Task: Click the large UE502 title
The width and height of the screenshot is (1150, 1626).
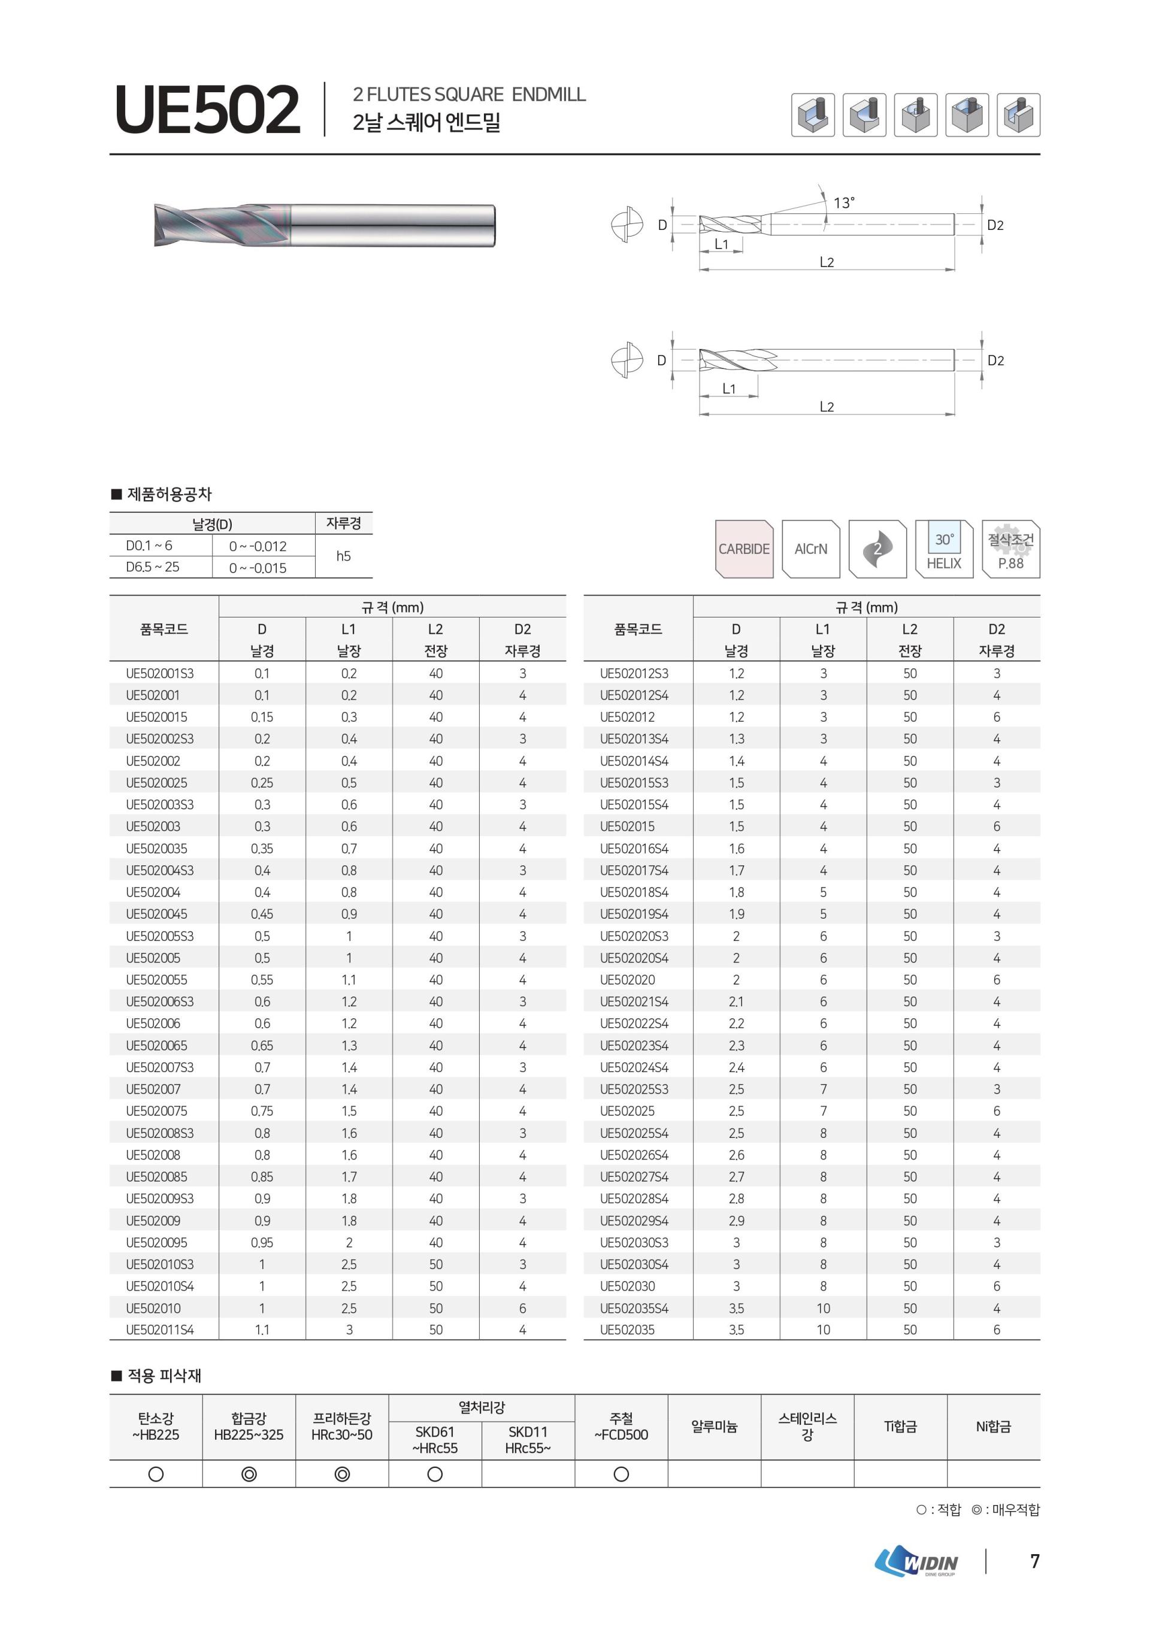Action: tap(207, 110)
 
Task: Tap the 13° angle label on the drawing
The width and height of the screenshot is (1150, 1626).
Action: tap(843, 203)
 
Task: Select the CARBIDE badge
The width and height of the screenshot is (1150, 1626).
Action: tap(743, 549)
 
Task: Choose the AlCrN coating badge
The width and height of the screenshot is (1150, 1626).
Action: tap(811, 549)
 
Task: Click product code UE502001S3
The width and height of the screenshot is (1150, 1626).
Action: tap(159, 674)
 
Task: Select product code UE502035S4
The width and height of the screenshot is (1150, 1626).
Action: tap(634, 1308)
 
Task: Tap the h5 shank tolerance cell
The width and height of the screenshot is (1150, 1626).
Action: tap(343, 556)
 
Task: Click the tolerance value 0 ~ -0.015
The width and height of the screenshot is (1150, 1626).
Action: tap(258, 568)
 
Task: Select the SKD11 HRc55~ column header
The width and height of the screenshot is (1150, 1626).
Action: tap(528, 1440)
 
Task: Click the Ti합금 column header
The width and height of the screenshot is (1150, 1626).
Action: tap(900, 1427)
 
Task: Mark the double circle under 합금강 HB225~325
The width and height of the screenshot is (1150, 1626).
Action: tap(249, 1474)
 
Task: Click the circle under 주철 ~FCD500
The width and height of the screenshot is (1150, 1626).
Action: tap(621, 1474)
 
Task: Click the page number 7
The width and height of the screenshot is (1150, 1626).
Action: tap(1034, 1561)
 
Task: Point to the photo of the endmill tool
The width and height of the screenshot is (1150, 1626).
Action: tap(324, 226)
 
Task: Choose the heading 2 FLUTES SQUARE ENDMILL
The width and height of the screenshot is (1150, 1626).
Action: tap(469, 95)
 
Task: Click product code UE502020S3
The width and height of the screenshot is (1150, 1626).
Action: tap(634, 936)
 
